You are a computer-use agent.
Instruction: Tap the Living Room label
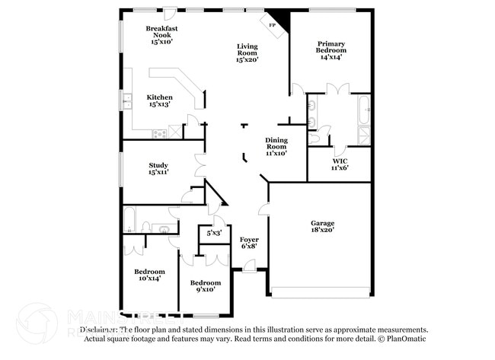[247, 49]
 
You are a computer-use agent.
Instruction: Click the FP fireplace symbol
[273, 23]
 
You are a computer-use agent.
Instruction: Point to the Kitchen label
[160, 97]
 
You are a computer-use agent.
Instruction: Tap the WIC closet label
[340, 161]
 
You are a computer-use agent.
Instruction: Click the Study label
[159, 165]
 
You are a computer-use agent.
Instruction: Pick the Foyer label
[249, 240]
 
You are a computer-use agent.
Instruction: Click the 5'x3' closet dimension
[214, 233]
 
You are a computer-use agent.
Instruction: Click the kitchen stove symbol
[160, 133]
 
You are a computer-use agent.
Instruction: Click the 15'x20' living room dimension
[247, 59]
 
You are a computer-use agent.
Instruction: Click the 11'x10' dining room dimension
[276, 153]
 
